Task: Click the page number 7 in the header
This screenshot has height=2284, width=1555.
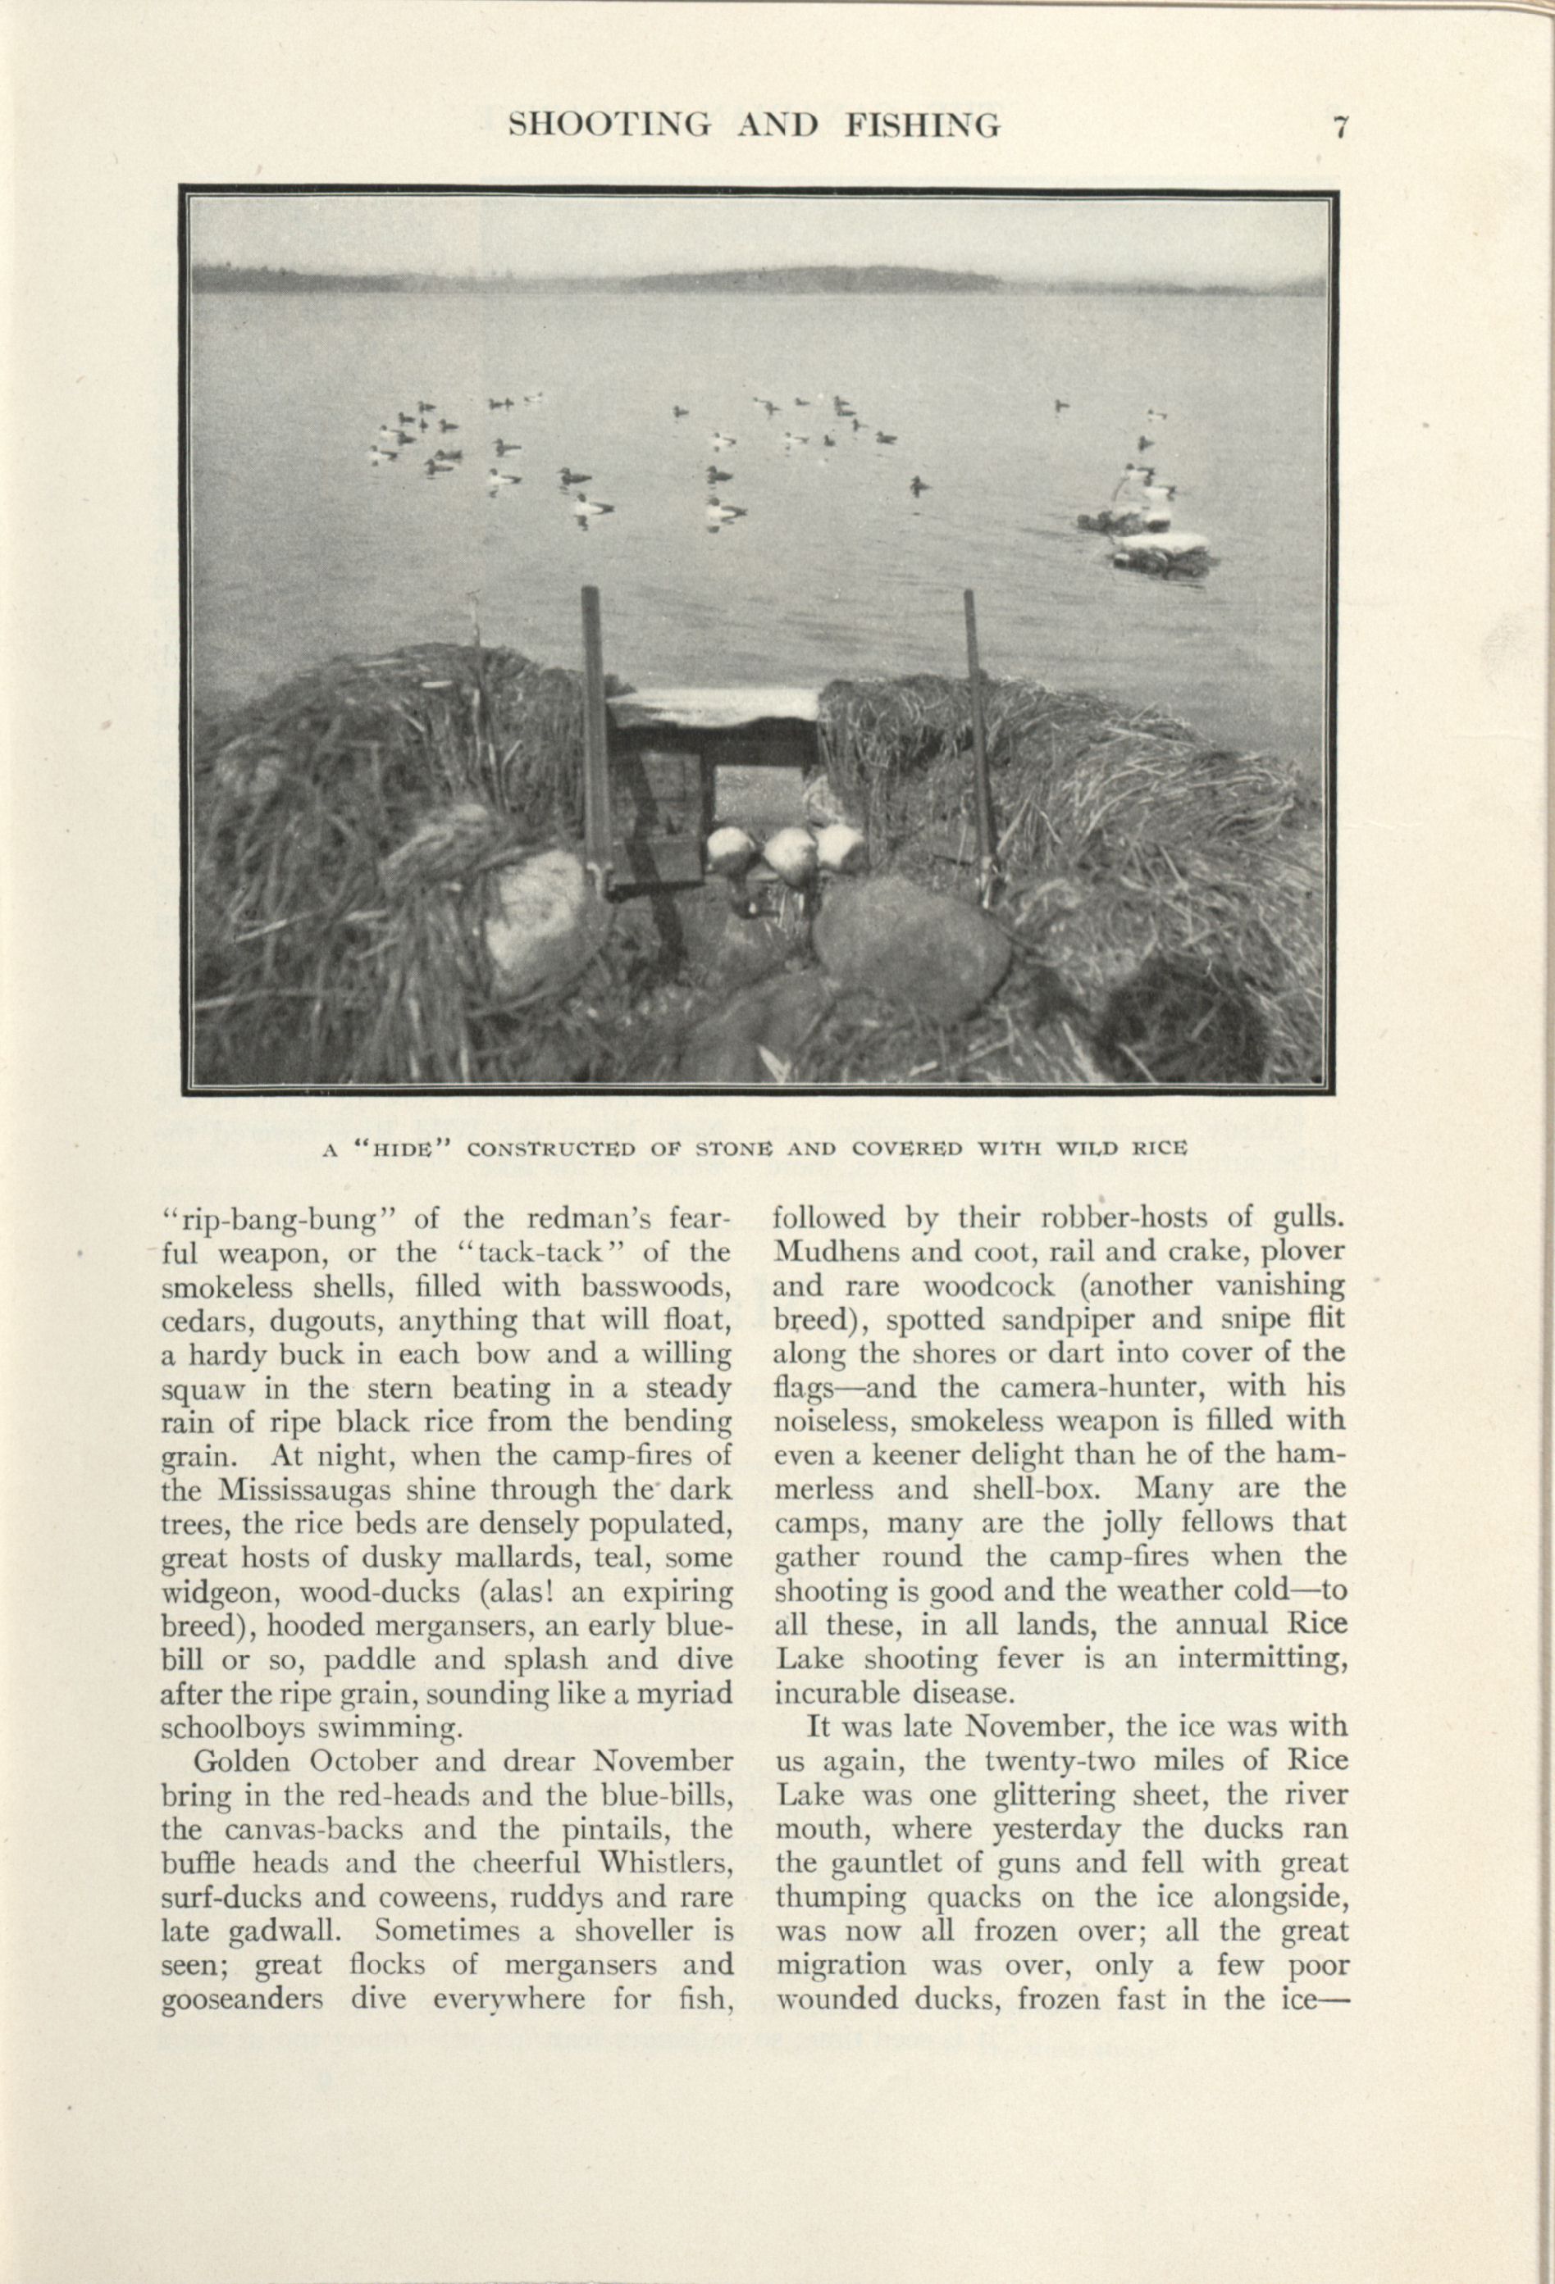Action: click(1338, 128)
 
